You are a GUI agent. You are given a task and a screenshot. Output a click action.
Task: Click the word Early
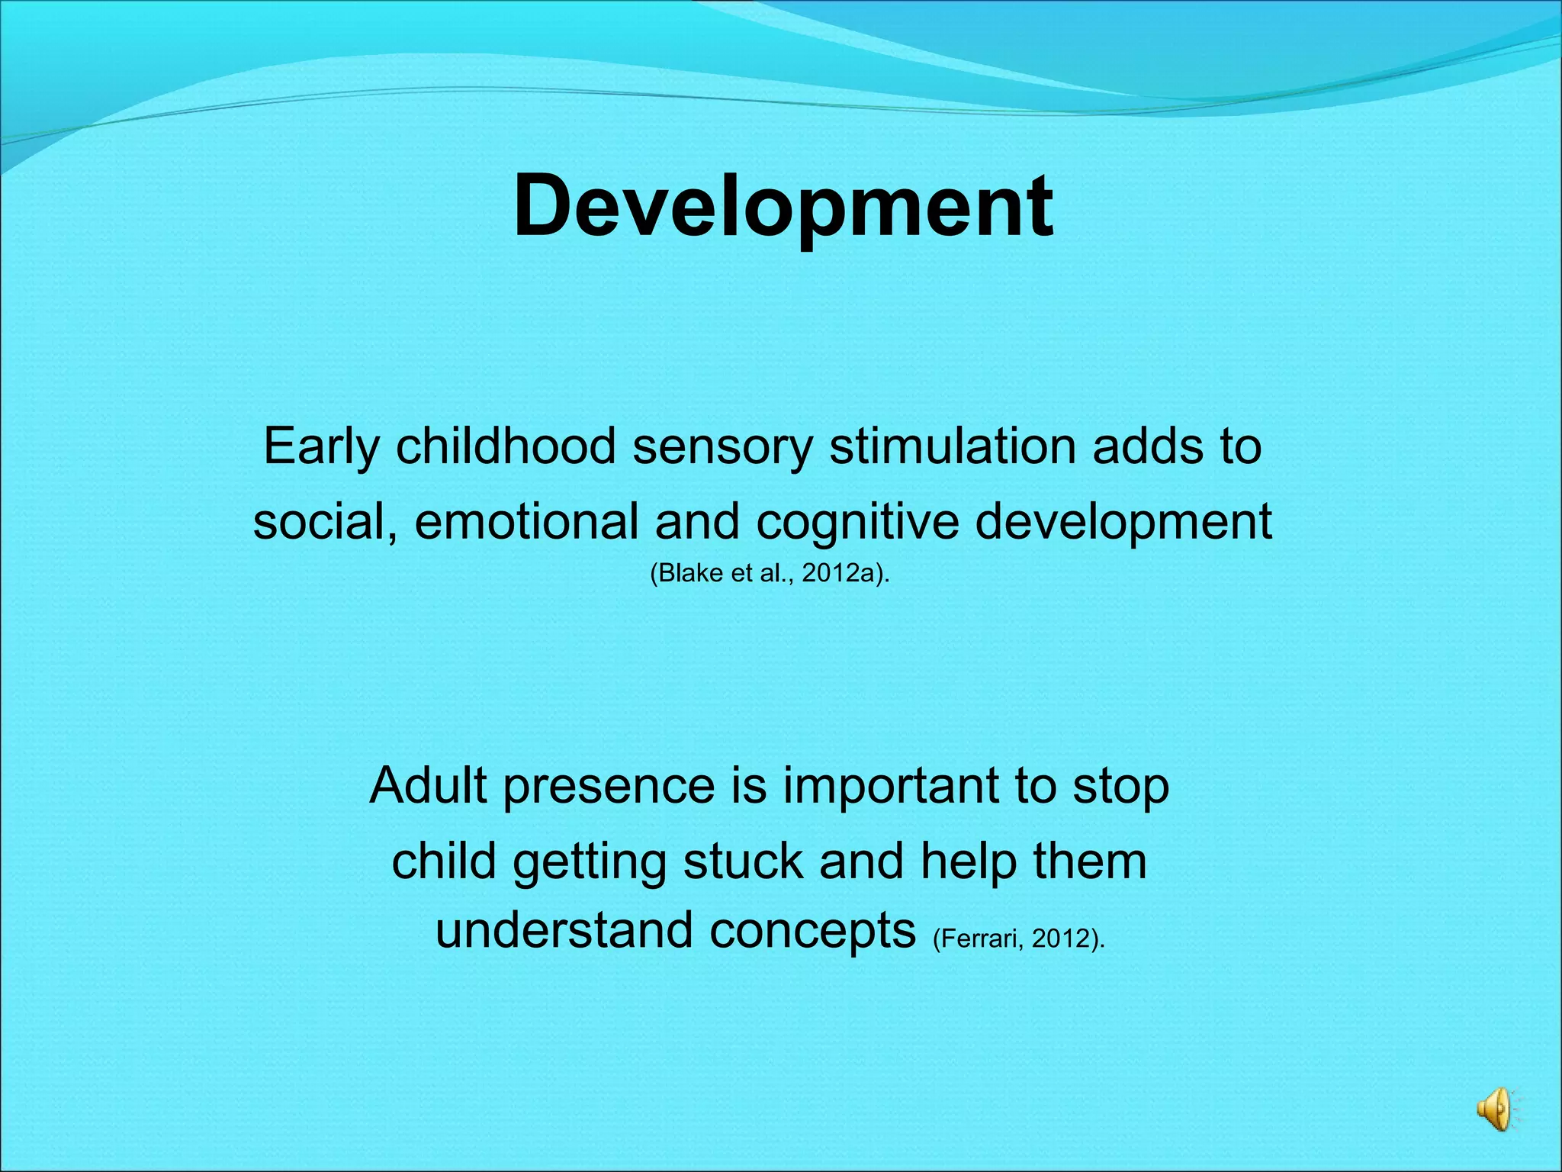point(321,446)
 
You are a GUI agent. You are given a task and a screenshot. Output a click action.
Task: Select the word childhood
point(506,446)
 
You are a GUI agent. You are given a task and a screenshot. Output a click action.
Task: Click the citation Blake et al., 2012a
point(770,573)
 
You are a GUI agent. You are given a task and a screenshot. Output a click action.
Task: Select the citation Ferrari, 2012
point(1018,939)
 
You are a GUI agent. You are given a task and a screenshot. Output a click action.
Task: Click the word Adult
point(428,786)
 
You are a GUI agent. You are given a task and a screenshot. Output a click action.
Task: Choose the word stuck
point(743,861)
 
